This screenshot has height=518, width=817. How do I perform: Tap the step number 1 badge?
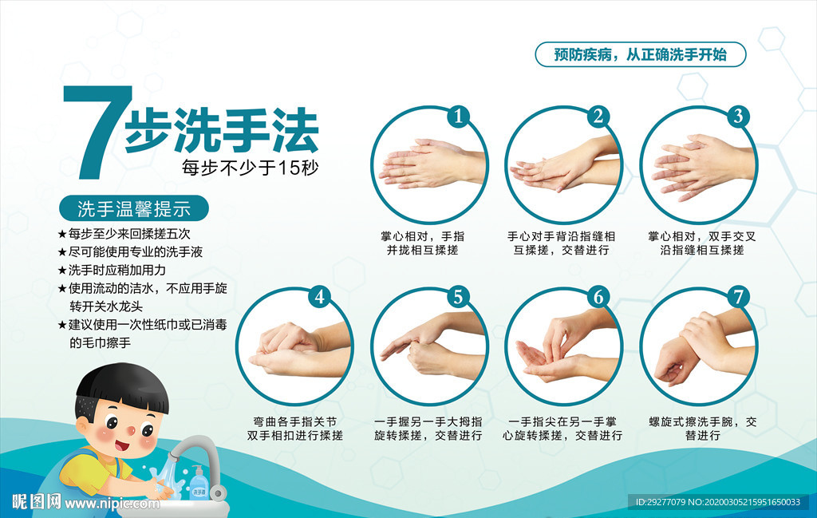click(x=459, y=117)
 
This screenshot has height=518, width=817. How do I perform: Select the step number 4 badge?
click(x=319, y=297)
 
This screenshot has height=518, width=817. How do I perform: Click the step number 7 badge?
click(x=738, y=297)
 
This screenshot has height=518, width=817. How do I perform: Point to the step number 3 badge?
click(x=738, y=117)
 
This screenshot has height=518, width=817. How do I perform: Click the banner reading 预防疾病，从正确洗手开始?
click(x=641, y=54)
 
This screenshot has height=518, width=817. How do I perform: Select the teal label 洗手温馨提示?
click(x=134, y=208)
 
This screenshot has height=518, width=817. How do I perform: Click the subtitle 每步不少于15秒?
click(x=250, y=168)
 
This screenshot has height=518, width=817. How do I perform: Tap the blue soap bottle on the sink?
click(x=198, y=484)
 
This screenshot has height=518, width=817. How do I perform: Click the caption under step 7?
click(x=702, y=429)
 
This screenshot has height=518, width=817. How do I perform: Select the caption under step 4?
click(x=295, y=429)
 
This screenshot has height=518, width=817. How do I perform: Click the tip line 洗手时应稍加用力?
click(x=117, y=270)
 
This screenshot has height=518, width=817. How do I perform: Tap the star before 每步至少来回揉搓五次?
click(x=62, y=234)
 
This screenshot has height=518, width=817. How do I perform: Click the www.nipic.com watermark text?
click(x=112, y=503)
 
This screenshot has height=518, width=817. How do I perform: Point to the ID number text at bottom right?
click(x=718, y=502)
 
